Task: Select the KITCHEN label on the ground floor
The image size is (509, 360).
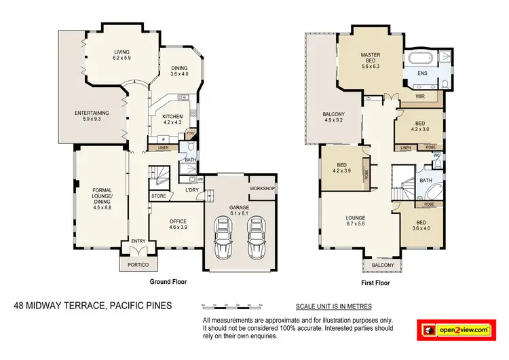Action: (x=172, y=120)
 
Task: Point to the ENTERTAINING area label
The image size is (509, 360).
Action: (x=91, y=116)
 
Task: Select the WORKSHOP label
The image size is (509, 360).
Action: (x=262, y=187)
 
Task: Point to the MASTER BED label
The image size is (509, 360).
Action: (x=370, y=62)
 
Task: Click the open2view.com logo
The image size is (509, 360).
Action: (x=459, y=329)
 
